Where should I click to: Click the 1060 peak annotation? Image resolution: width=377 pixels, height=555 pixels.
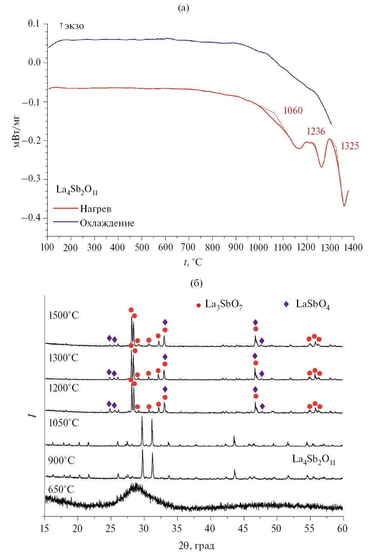(x=293, y=111)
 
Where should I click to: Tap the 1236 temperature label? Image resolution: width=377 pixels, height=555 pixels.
(x=315, y=131)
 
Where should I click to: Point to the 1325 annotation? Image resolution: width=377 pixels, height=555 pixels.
(x=350, y=146)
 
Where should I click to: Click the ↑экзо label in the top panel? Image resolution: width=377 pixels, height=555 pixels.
(x=71, y=26)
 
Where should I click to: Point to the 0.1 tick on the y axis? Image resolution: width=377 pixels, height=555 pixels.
(x=33, y=24)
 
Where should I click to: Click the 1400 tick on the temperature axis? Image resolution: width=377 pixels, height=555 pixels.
(x=354, y=247)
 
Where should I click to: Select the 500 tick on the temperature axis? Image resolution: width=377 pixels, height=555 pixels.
(x=142, y=247)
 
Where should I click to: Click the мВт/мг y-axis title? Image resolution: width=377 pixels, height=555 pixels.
(x=17, y=131)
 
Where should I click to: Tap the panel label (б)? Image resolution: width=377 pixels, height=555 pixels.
(x=196, y=283)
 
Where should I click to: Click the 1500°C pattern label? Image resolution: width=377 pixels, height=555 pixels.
(x=64, y=315)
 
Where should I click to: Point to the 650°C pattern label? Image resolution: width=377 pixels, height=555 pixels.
(x=61, y=489)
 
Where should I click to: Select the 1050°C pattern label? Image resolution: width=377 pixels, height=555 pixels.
(x=64, y=423)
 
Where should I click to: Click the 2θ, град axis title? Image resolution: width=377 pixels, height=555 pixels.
(x=196, y=546)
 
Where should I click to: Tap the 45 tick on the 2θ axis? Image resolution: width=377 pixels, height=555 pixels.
(x=244, y=528)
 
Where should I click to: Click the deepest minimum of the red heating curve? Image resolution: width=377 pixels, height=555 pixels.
(x=344, y=205)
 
